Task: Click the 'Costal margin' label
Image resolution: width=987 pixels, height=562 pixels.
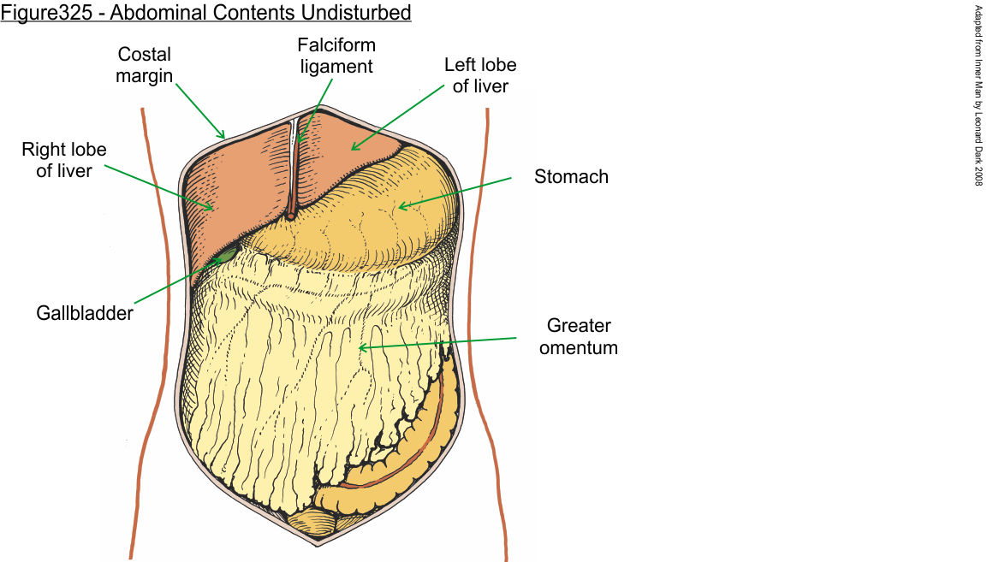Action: [x=145, y=65]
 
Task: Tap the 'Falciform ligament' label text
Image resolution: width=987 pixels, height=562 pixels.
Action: [x=336, y=55]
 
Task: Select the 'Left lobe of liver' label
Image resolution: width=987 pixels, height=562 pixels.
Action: [x=480, y=75]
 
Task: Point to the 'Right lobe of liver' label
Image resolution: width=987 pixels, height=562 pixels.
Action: [x=64, y=160]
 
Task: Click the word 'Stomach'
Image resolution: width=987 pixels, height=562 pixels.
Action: [x=571, y=177]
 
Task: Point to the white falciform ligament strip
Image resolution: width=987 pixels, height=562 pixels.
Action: [x=294, y=163]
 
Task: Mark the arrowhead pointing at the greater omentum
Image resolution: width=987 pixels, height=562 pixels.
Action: [x=361, y=347]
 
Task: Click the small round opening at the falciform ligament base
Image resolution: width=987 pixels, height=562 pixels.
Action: [x=292, y=216]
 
